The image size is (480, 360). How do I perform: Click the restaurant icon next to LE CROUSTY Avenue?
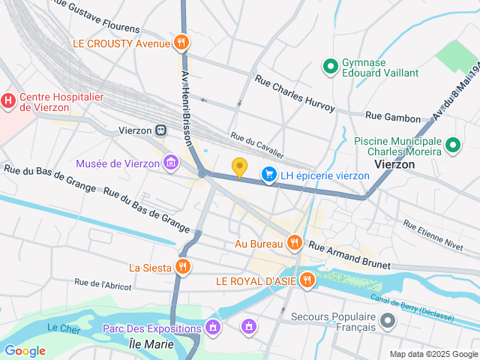(180, 43)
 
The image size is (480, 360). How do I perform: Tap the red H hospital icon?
(8, 99)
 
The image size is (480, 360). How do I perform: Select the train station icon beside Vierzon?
(161, 130)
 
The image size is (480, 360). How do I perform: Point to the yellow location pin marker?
(239, 168)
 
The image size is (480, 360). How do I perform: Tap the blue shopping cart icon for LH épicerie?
(268, 175)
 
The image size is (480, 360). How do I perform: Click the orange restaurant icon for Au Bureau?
(295, 243)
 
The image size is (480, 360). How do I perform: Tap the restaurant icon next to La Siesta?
(182, 267)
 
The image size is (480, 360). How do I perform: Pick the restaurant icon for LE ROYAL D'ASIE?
(306, 281)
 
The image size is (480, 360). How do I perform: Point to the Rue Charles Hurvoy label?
(295, 94)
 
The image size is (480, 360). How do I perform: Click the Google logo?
(25, 351)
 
